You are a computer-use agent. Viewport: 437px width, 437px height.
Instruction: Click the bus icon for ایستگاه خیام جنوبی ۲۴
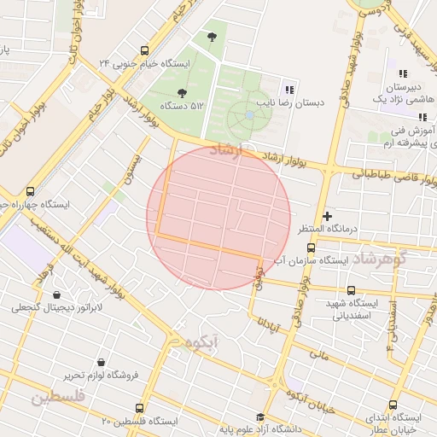click(144, 50)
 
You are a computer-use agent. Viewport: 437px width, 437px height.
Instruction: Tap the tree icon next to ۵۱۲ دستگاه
click(180, 92)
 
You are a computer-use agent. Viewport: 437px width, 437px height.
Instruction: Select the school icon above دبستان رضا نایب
click(289, 89)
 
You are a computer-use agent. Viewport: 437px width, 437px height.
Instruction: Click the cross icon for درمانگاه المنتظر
click(327, 217)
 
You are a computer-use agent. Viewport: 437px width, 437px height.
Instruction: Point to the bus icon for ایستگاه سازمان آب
click(311, 248)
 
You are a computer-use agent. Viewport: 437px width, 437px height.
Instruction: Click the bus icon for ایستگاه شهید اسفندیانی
click(349, 289)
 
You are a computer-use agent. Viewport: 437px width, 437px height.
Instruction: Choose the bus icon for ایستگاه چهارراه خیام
click(31, 191)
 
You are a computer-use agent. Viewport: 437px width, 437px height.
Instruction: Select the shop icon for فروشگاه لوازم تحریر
click(102, 362)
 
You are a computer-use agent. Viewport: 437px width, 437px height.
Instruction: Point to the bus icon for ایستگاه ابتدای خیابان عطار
click(393, 405)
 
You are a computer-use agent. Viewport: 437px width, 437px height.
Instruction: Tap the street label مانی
click(318, 352)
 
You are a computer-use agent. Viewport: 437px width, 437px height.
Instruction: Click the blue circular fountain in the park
click(248, 114)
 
